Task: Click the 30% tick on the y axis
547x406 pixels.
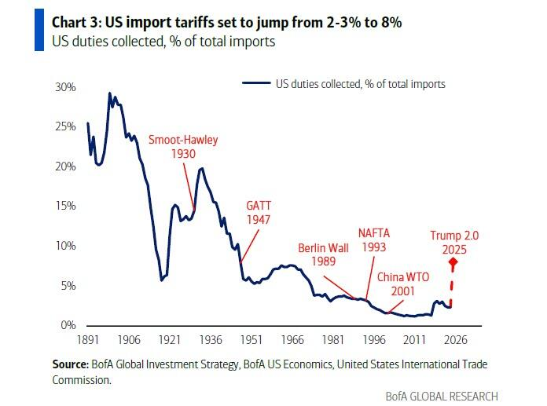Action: tap(65, 87)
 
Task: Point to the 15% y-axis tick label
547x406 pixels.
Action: tap(65, 206)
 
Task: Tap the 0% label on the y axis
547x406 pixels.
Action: tap(68, 324)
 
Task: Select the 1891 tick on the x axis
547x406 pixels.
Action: tap(87, 340)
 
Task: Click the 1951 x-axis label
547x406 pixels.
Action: tap(251, 340)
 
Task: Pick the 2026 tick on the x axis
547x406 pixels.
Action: tap(455, 340)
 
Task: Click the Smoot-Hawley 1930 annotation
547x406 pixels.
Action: tap(183, 147)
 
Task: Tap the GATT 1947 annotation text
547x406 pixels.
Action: tap(259, 213)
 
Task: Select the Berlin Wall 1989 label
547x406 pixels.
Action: tap(323, 254)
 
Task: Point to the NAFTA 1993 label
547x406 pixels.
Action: tap(374, 240)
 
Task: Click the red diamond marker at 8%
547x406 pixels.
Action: tap(452, 263)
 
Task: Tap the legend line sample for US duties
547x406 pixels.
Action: tap(255, 83)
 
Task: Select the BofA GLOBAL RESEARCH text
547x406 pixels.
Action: tap(443, 396)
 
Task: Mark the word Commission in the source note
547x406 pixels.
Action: tap(82, 379)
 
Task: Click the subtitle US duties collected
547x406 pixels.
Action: tap(163, 41)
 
